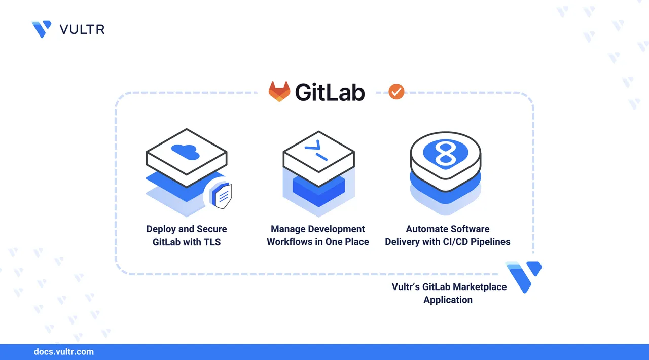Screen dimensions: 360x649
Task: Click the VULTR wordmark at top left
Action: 82,29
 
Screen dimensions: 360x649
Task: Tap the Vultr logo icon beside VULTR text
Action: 42,29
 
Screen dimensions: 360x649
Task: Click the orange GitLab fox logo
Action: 279,92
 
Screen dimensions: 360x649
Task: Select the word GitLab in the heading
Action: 330,92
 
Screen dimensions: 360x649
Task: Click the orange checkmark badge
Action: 396,91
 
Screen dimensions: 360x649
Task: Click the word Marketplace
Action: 479,287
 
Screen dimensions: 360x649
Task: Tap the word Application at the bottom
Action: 448,300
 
